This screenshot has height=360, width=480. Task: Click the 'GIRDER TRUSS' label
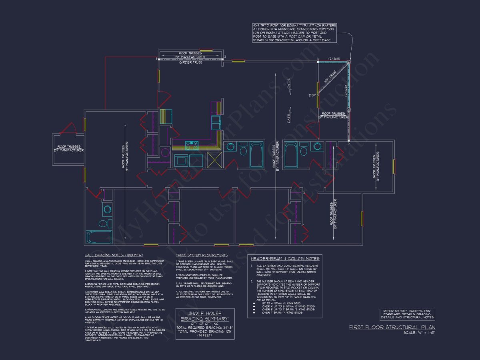(x=190, y=62)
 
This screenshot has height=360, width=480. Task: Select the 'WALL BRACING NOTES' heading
(x=114, y=255)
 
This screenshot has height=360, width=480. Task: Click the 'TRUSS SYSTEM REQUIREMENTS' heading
(x=202, y=255)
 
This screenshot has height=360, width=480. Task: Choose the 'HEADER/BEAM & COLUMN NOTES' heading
(x=284, y=258)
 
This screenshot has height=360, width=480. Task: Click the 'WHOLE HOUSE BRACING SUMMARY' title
(x=204, y=316)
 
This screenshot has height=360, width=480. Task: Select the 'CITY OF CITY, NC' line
(x=205, y=324)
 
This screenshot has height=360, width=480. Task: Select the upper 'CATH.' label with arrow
(x=289, y=87)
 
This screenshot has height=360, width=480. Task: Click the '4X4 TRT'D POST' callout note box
(x=294, y=33)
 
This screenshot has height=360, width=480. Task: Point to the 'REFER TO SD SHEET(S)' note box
(x=407, y=314)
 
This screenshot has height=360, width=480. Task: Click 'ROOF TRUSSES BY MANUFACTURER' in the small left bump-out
(x=68, y=148)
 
